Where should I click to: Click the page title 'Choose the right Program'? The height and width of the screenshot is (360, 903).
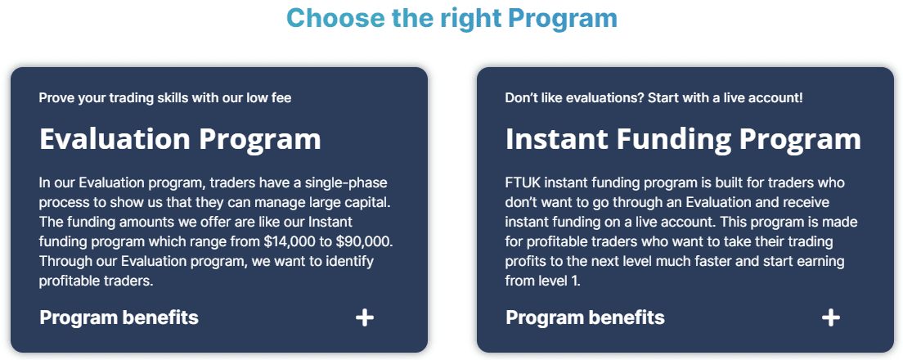coord(451,18)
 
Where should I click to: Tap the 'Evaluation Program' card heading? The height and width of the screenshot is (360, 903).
coord(180,139)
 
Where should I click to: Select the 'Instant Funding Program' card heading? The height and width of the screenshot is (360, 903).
coord(683,139)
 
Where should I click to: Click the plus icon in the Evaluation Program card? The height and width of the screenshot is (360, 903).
coord(365,317)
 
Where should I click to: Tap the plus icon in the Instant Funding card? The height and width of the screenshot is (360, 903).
coord(830,317)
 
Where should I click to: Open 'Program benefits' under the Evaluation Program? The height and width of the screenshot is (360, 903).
coord(119,317)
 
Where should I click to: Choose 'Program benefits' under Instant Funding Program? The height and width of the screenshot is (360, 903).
coord(585,317)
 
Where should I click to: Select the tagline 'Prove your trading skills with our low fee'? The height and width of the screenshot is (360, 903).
coord(165,98)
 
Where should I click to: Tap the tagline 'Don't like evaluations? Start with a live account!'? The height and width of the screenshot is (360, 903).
coord(654,98)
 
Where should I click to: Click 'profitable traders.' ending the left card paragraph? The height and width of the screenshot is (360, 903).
coord(96,281)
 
